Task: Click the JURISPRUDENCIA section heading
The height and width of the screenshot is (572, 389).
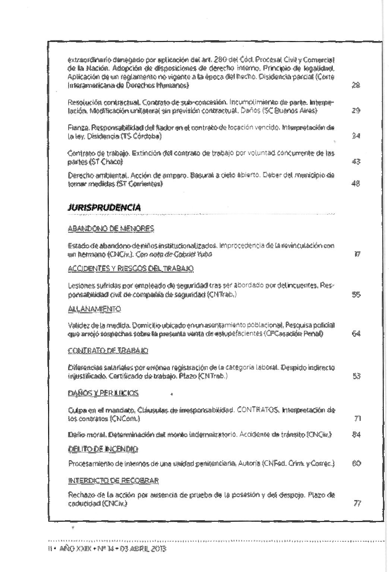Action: coord(105,208)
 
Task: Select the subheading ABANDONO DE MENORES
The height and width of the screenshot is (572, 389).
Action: coord(111,229)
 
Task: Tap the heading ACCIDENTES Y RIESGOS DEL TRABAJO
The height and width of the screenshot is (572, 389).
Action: coord(131,268)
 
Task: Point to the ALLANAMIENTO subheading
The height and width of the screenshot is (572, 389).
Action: coord(95,309)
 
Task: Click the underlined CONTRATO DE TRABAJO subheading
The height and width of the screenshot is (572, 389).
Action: coord(108,351)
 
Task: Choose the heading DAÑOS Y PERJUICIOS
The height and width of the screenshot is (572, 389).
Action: coord(103,393)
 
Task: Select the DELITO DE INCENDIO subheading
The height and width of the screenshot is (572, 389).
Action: coord(103,449)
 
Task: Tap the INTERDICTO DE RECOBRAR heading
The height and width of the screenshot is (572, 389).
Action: coord(114,481)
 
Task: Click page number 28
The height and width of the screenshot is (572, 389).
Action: coord(356,85)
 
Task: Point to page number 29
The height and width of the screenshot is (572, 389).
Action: coord(356,111)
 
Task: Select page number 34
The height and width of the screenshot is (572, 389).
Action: coord(356,136)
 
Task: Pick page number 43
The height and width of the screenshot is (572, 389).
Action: coord(356,162)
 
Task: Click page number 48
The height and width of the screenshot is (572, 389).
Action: coord(356,184)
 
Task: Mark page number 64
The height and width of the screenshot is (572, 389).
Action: coord(356,334)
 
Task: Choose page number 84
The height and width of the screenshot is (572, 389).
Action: coord(356,434)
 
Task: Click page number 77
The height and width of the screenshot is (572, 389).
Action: coord(357,504)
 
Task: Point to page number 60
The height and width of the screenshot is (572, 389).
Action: coord(356,464)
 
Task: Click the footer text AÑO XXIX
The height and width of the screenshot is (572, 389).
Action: coord(73,549)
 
